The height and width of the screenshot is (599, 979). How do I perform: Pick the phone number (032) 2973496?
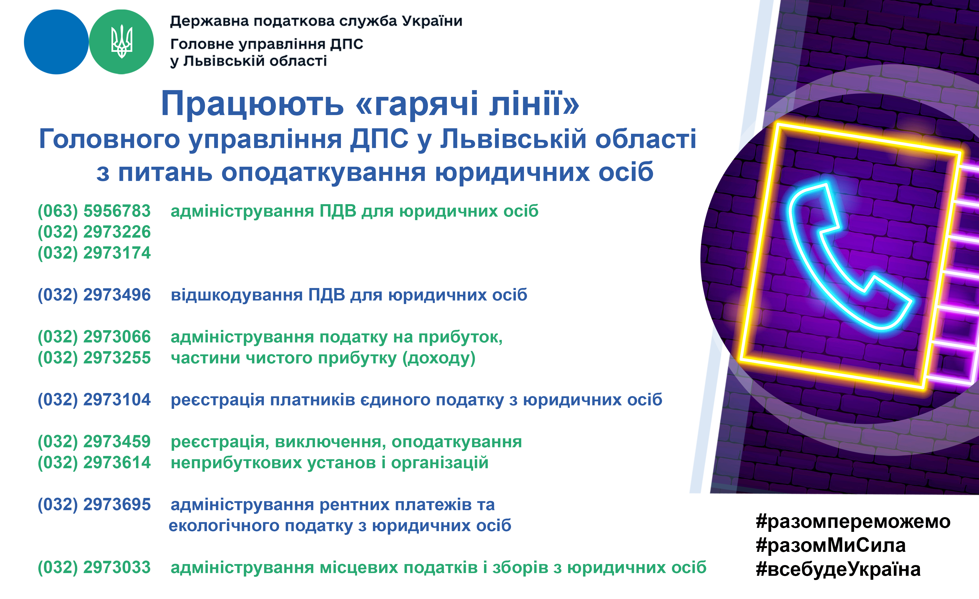[x=94, y=295]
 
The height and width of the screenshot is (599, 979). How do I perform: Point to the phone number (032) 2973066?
[x=94, y=337]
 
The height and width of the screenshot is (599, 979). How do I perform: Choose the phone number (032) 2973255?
[x=94, y=358]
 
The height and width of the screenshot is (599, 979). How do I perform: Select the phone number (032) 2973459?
[x=94, y=442]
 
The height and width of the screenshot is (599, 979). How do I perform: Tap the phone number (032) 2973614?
[x=94, y=463]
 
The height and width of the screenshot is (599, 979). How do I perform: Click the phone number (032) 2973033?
[x=94, y=568]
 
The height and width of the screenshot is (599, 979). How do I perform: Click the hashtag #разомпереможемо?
[x=853, y=522]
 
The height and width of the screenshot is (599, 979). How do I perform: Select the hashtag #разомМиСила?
[x=831, y=545]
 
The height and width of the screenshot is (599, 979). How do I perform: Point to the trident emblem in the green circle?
[x=122, y=42]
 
